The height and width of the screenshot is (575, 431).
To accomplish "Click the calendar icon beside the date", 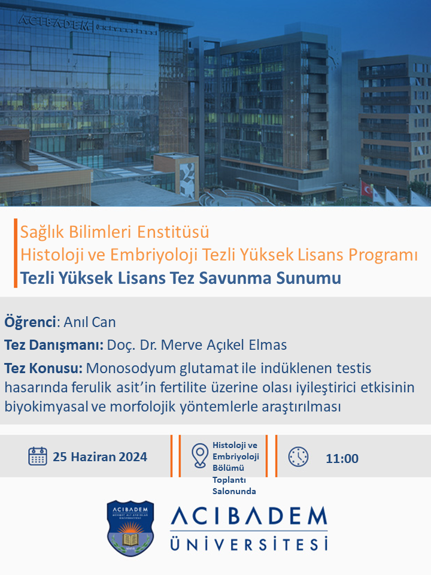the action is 37,456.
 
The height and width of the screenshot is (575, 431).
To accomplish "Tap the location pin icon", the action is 200,456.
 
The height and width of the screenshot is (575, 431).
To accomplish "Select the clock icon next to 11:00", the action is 298,456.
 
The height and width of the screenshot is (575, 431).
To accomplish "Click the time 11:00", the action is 342,458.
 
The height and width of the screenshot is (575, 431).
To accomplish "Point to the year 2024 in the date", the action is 133,456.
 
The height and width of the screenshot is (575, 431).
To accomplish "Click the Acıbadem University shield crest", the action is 130,528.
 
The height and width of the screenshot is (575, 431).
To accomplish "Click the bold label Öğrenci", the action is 30,322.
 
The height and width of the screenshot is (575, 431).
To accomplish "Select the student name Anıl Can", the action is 90,322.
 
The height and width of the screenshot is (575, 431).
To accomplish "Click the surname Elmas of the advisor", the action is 268,345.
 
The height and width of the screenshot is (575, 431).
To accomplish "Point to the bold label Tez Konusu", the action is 43,368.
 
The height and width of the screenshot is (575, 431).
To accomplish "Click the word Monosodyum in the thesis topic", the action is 131,368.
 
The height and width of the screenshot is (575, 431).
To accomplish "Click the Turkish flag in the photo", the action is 366,189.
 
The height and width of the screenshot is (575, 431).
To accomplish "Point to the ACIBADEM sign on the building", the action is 54,22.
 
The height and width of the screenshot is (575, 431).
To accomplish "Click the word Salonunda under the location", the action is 234,491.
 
